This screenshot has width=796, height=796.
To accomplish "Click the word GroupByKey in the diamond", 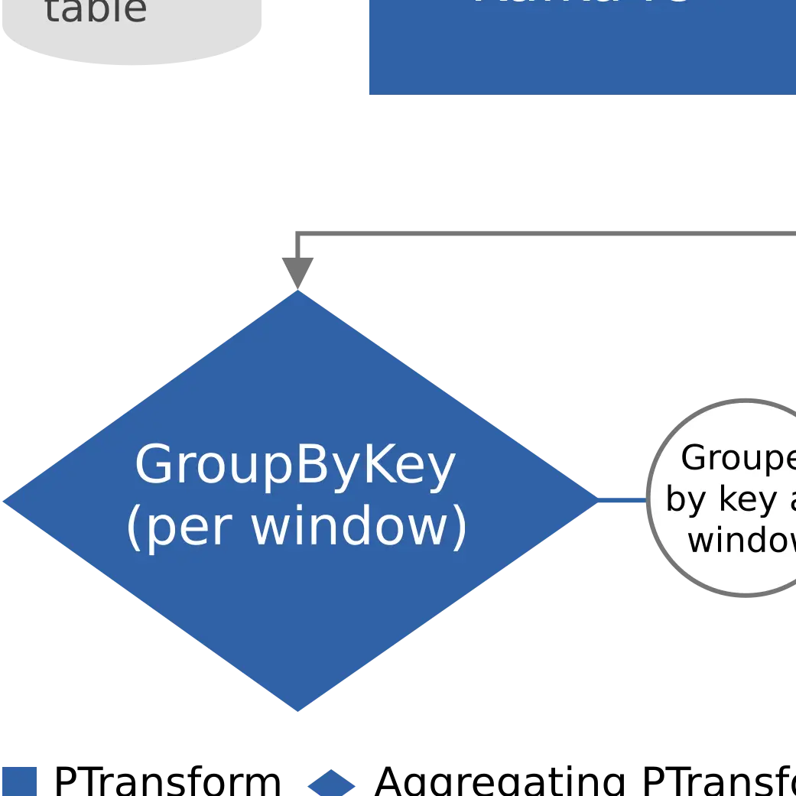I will pyautogui.click(x=294, y=465).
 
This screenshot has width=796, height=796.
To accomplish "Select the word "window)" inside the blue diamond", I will pyautogui.click(x=359, y=527).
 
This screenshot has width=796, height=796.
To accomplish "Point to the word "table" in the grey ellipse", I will pyautogui.click(x=96, y=11).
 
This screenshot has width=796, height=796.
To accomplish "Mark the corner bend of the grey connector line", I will pyautogui.click(x=299, y=232).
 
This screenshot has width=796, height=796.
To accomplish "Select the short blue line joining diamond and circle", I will pyautogui.click(x=621, y=501).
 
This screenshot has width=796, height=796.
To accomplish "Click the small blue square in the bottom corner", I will pyautogui.click(x=18, y=781).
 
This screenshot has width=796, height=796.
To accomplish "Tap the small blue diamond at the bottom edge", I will pyautogui.click(x=331, y=784).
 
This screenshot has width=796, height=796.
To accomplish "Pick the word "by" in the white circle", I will pyautogui.click(x=685, y=500).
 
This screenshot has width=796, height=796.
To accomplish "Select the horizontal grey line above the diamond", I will pyautogui.click(x=535, y=232).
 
